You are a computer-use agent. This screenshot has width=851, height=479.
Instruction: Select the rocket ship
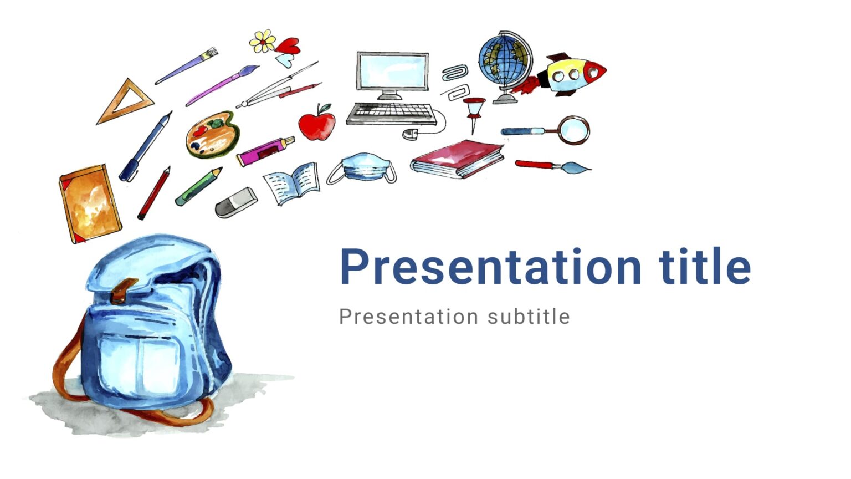click(573, 74)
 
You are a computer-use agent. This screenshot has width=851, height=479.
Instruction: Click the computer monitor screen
click(392, 71)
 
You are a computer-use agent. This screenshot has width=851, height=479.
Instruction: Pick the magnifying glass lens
click(573, 130)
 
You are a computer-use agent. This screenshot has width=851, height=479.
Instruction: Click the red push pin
click(474, 109)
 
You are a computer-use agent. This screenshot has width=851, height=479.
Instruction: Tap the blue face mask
click(363, 168)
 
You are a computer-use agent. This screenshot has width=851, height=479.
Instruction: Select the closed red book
click(458, 158)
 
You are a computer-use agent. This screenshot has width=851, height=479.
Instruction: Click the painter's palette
click(212, 134)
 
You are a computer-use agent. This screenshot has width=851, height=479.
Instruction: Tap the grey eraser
click(236, 202)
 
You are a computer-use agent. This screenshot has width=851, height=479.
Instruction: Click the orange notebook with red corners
click(90, 203)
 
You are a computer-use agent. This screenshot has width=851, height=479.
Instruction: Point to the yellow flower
click(263, 41)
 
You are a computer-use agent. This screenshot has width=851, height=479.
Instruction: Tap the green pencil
click(198, 186)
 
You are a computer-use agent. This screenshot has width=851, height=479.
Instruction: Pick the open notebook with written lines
click(292, 183)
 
